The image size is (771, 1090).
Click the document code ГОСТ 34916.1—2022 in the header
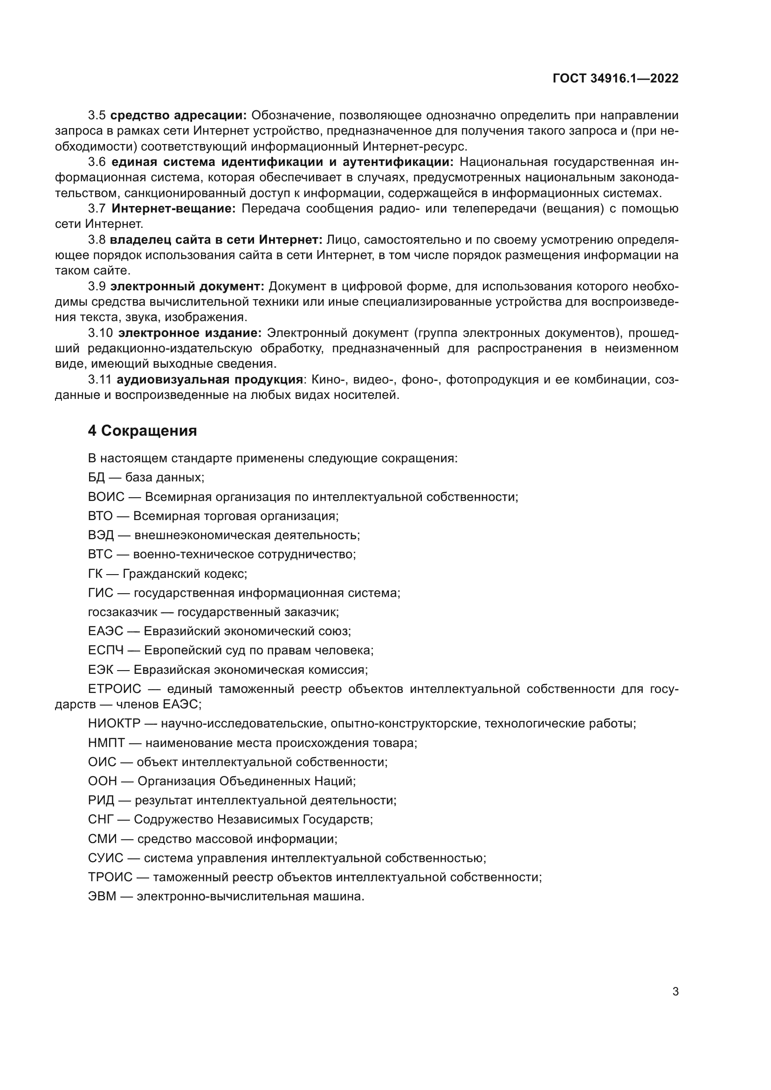pos(615,78)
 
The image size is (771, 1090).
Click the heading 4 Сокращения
pos(142,431)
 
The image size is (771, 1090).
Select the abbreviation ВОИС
pos(106,497)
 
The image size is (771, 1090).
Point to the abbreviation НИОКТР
pos(114,724)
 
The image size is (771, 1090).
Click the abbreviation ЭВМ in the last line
pos(102,896)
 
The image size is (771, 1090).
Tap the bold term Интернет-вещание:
pos(173,209)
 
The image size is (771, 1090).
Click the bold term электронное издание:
pos(190,333)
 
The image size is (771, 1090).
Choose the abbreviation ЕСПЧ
pos(105,651)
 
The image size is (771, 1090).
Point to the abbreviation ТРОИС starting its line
pos(110,877)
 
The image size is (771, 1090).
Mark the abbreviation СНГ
pos(101,819)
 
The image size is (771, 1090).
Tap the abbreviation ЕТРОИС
pos(114,689)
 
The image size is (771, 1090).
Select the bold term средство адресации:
pos(179,116)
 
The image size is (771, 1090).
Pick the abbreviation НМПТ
pos(106,743)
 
